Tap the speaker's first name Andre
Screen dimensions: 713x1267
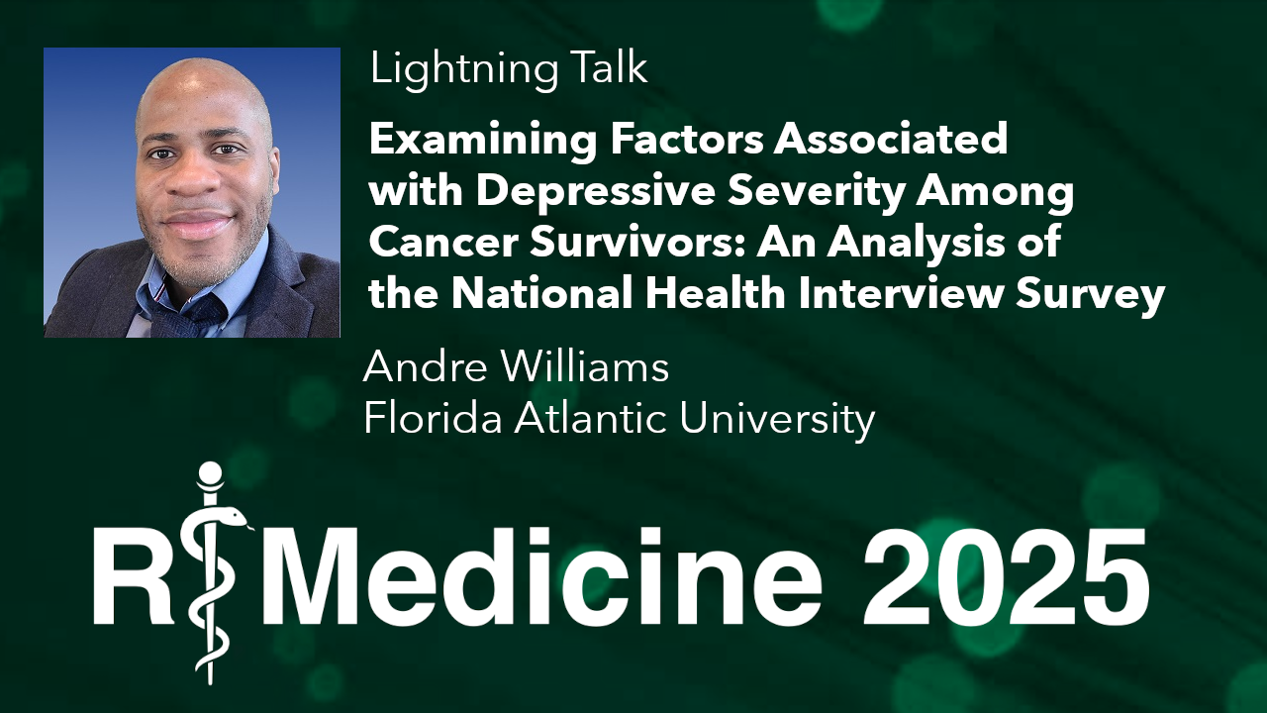[x=417, y=367]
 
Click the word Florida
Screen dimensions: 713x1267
[x=431, y=419]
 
